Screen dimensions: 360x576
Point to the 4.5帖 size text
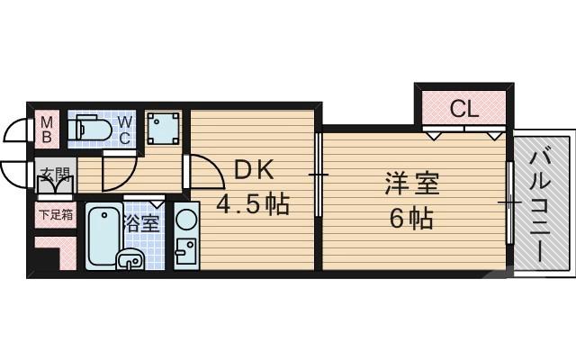pyautogui.click(x=252, y=204)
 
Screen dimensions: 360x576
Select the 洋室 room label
pyautogui.click(x=411, y=184)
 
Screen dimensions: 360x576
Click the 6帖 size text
pyautogui.click(x=411, y=218)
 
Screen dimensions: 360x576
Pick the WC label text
pyautogui.click(x=126, y=130)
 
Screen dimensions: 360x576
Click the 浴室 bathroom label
pyautogui.click(x=142, y=221)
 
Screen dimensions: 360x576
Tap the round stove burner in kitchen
pyautogui.click(x=186, y=220)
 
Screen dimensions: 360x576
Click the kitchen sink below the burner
pyautogui.click(x=185, y=253)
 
